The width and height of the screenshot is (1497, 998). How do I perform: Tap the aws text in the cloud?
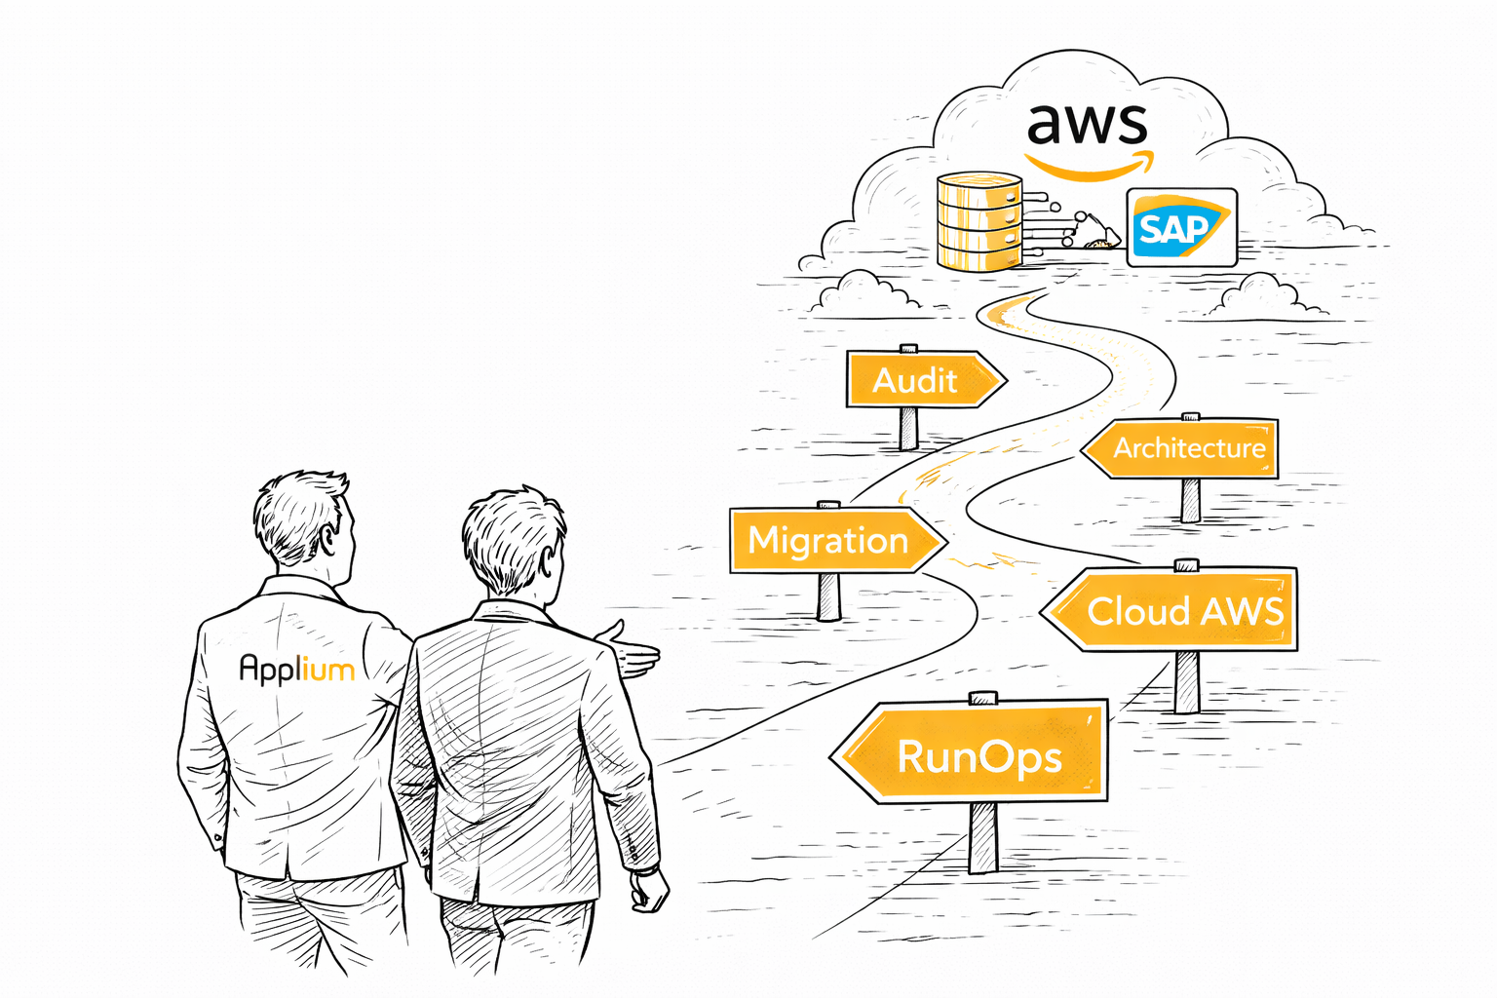coord(1087,124)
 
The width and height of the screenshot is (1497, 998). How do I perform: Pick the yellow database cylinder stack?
coord(979,221)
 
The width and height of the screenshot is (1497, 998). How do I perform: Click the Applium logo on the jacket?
coord(296,669)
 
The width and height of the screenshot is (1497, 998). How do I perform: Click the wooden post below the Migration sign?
coord(829,595)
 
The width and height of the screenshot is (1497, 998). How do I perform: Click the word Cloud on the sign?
coord(1137,612)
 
